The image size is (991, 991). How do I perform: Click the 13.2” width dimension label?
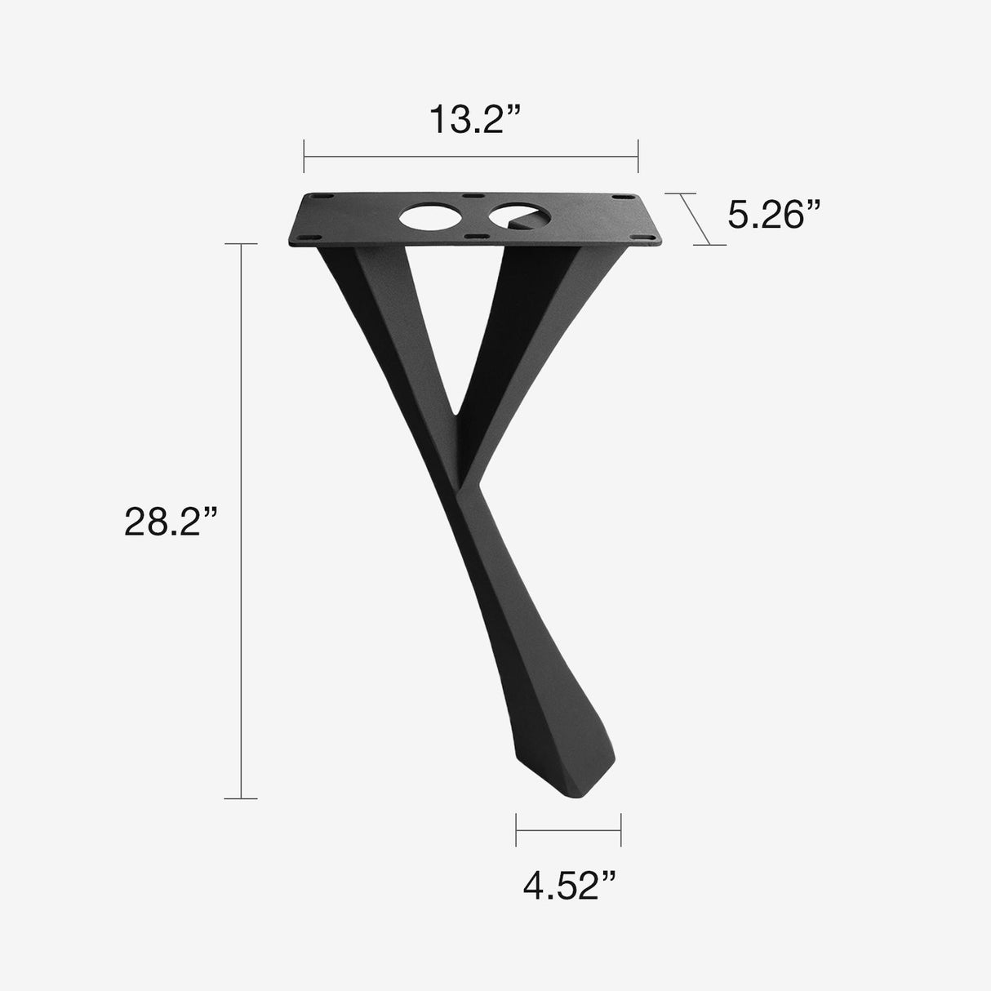pyautogui.click(x=474, y=119)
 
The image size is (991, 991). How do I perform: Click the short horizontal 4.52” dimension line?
pyautogui.click(x=569, y=829)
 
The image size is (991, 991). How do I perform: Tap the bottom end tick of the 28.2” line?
pyautogui.click(x=241, y=798)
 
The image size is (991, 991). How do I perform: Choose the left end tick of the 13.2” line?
pyautogui.click(x=304, y=155)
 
